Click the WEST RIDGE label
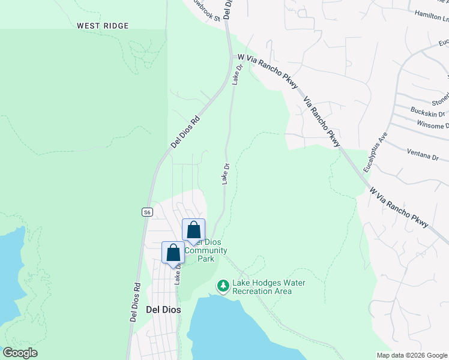103,26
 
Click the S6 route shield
147,212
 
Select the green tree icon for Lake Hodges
223,285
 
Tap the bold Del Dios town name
163,310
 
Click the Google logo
20,352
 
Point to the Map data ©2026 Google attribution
411,355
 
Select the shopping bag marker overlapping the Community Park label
194,230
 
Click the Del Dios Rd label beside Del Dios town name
134,303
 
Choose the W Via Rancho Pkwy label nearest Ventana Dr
399,207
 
